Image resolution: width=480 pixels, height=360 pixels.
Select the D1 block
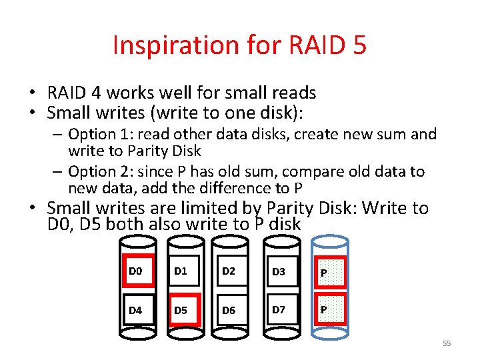(185, 271)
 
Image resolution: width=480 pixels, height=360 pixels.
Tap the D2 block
(232, 271)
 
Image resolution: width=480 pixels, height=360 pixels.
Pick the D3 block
(279, 271)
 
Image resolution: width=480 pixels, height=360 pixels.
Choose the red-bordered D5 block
(185, 310)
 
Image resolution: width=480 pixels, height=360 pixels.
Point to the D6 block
(232, 310)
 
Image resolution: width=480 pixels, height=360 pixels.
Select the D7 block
(279, 310)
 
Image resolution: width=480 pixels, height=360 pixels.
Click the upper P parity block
(329, 271)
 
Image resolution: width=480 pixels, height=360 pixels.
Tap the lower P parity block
(329, 310)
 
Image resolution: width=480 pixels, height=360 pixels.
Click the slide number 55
(447, 343)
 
